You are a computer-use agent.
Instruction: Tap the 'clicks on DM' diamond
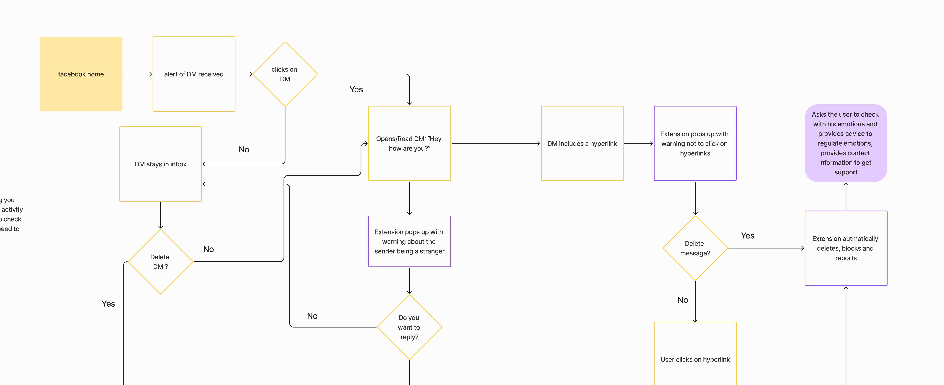pos(285,74)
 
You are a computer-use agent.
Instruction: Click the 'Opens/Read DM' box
pos(409,143)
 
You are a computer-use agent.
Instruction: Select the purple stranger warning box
pos(409,241)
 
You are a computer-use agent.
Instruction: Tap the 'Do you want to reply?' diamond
pos(409,327)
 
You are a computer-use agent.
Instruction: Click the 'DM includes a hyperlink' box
pos(582,143)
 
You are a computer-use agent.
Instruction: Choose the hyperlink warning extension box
pos(695,143)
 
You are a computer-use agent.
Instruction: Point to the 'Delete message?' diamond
pos(695,248)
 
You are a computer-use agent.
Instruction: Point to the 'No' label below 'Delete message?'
pos(682,300)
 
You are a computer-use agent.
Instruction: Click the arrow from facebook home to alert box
pos(137,74)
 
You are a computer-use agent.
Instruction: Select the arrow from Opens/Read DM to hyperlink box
pos(496,143)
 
